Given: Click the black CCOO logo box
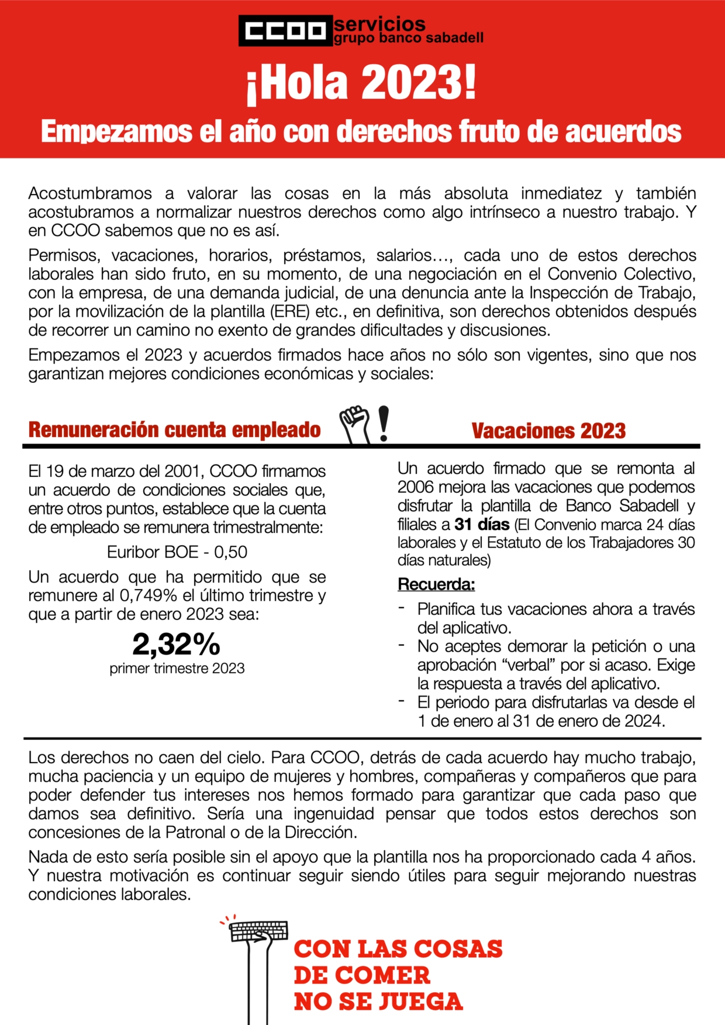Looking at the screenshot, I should point(285,31).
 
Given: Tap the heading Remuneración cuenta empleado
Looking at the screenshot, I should point(174,430).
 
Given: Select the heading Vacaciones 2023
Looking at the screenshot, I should point(548,431).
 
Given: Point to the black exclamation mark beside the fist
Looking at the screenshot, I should point(384,424).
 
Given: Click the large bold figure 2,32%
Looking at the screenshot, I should point(176,645).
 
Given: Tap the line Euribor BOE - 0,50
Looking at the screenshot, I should point(177,552).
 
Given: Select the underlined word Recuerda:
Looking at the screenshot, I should point(436,584).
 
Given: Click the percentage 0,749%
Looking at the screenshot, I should point(149,595).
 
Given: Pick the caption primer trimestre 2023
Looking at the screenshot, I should point(177,669).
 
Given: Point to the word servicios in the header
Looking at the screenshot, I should point(379,24).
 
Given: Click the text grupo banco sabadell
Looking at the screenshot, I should point(408,39).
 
